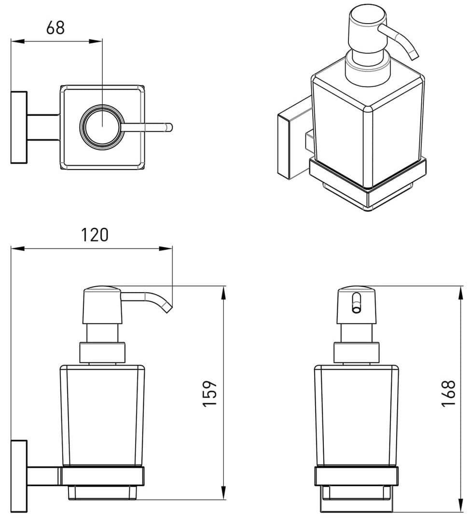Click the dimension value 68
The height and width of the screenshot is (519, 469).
[x=55, y=28]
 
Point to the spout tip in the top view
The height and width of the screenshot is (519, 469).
[x=169, y=127]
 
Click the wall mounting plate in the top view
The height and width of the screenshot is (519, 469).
[x=19, y=127]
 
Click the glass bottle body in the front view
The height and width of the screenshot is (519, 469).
[x=357, y=415]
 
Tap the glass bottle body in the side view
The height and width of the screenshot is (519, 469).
[x=102, y=415]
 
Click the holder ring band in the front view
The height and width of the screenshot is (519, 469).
[x=357, y=476]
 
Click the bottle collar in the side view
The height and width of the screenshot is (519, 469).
[x=102, y=353]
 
